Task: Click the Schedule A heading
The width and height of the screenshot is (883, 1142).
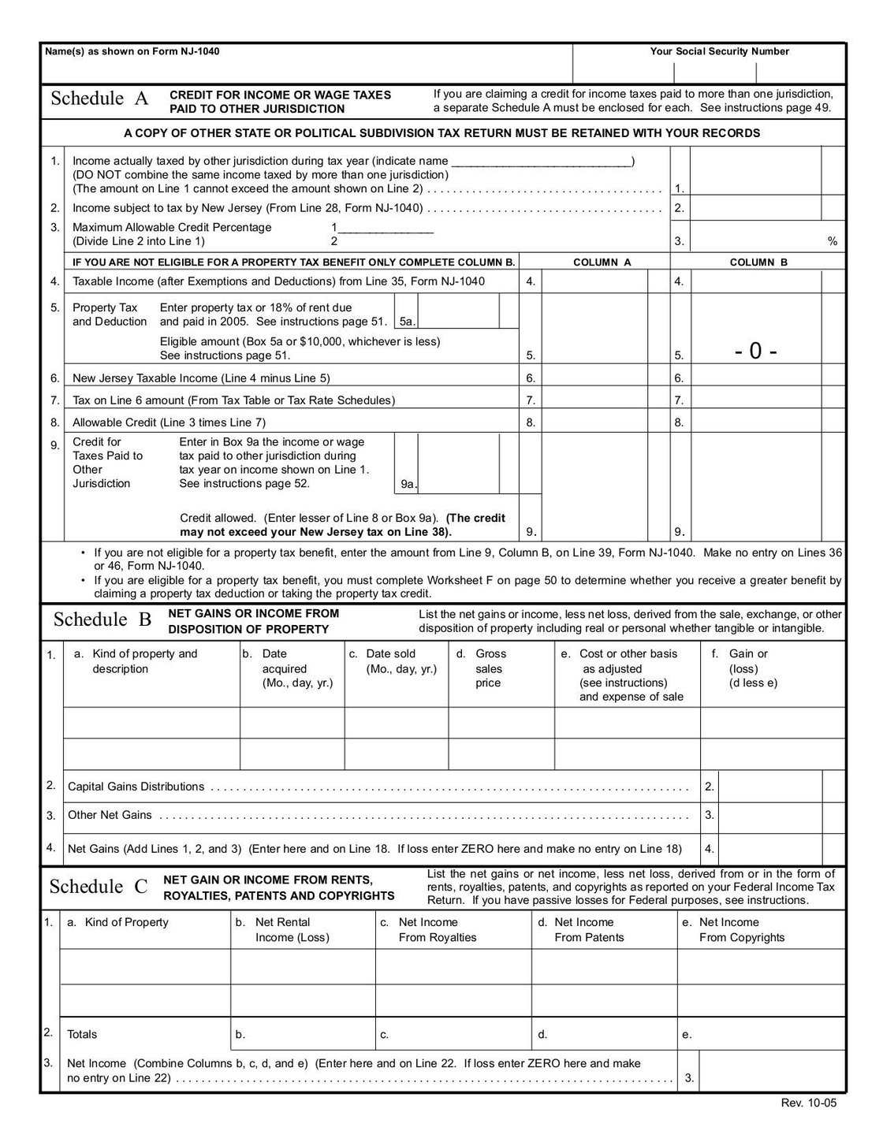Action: tap(99, 99)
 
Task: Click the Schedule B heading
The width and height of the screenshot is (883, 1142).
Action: tap(102, 619)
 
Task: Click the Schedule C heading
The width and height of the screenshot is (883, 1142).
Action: tap(99, 887)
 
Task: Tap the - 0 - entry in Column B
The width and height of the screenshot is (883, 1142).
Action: tap(755, 352)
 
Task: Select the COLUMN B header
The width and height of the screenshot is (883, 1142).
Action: tap(758, 262)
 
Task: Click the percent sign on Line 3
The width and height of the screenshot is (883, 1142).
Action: tap(832, 242)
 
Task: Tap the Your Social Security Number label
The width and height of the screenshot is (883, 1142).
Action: tap(719, 52)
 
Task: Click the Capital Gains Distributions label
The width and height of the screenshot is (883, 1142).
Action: tap(136, 787)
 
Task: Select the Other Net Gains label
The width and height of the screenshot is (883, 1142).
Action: tap(110, 815)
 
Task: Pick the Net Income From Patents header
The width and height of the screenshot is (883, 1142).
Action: tap(587, 930)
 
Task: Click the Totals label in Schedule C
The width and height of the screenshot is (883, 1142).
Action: tap(83, 1034)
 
